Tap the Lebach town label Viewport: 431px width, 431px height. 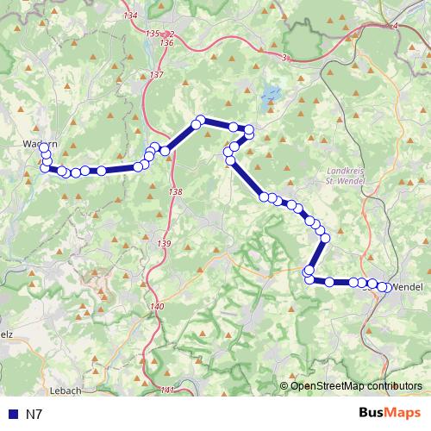(66, 390)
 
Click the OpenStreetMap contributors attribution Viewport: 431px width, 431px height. (355, 385)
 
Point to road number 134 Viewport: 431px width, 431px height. (131, 16)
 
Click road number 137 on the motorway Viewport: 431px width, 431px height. (156, 76)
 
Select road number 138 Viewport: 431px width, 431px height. (176, 191)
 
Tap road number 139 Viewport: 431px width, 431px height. (165, 245)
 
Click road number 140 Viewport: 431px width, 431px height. (156, 307)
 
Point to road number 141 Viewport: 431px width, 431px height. (168, 390)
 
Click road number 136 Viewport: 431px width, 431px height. (166, 42)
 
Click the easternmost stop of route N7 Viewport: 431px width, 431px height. (385, 287)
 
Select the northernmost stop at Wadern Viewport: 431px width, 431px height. (43, 147)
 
